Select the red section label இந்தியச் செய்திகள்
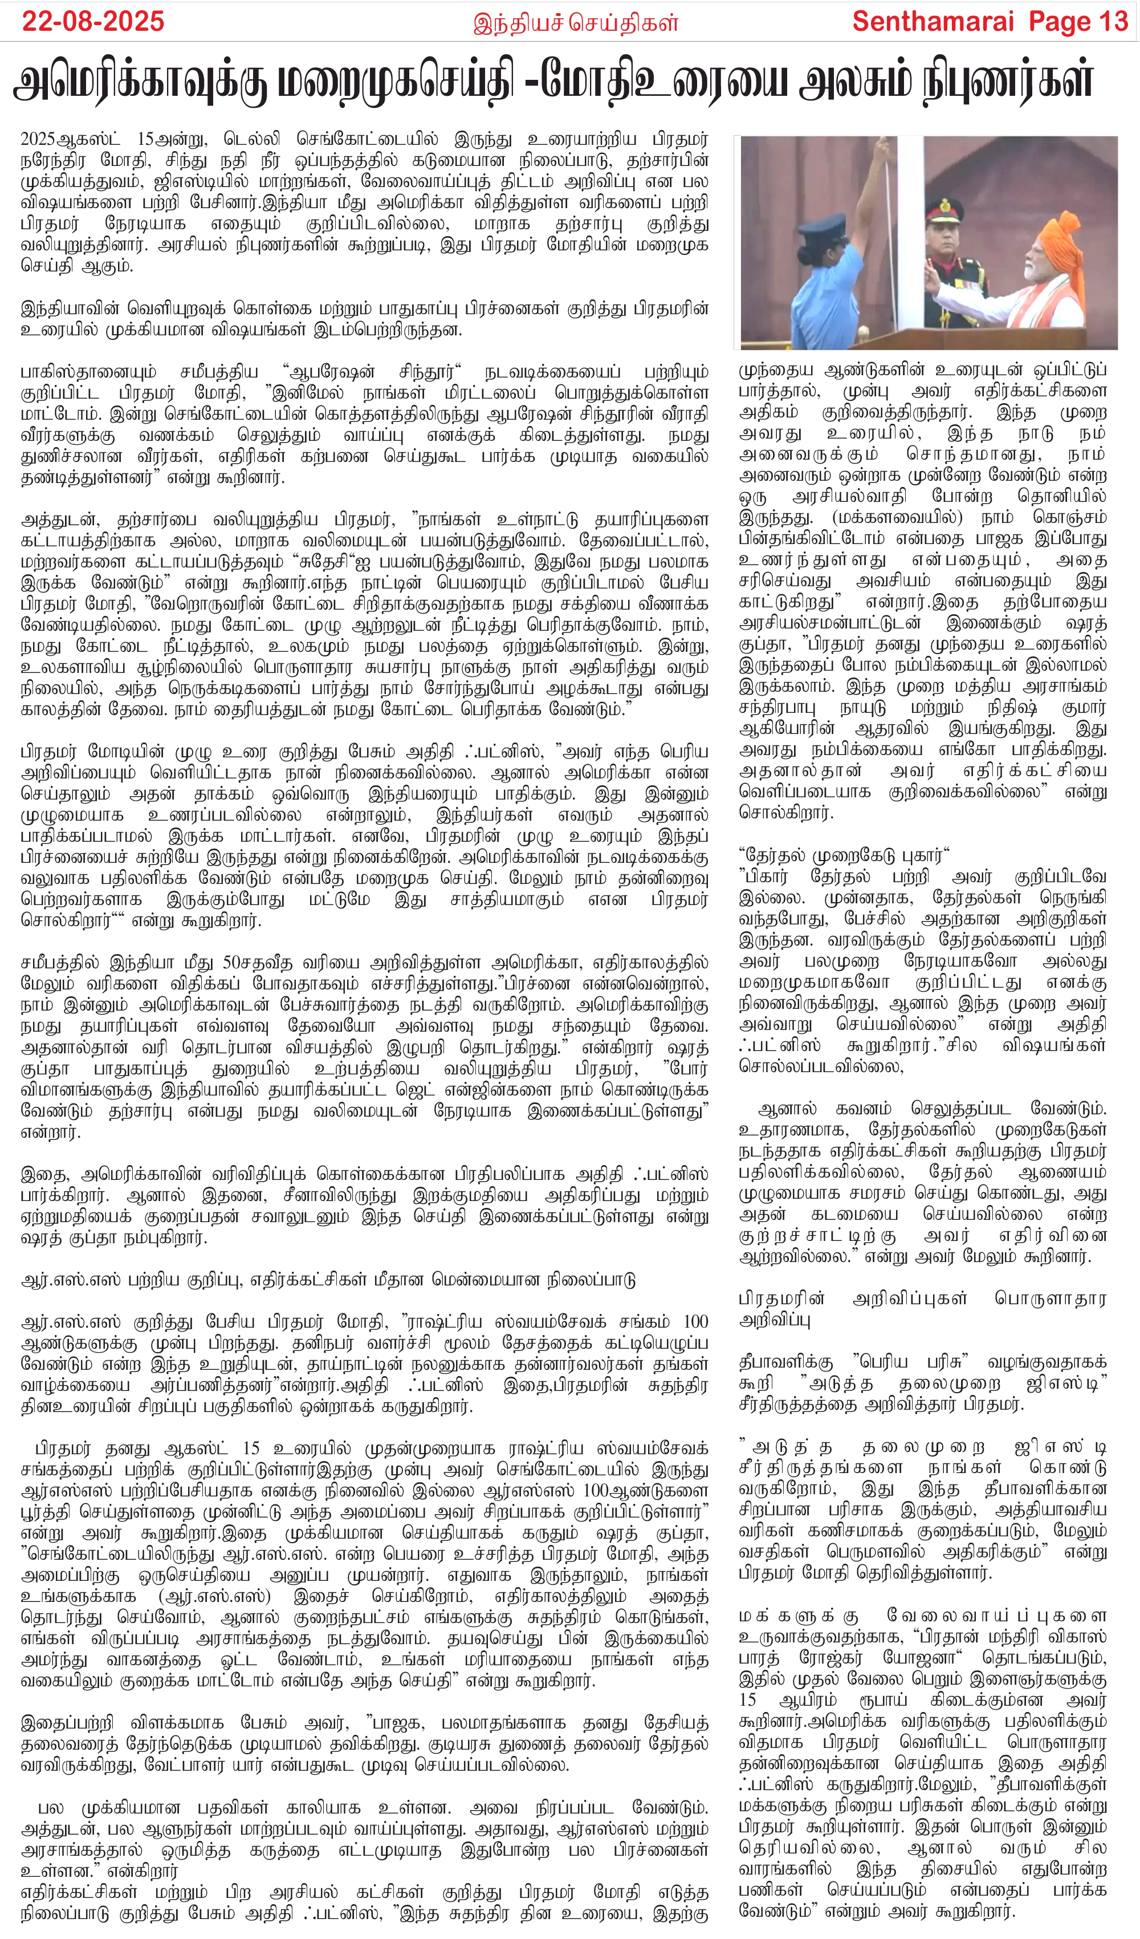(x=575, y=23)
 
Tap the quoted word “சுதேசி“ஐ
(x=324, y=562)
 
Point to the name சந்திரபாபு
(x=777, y=707)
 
